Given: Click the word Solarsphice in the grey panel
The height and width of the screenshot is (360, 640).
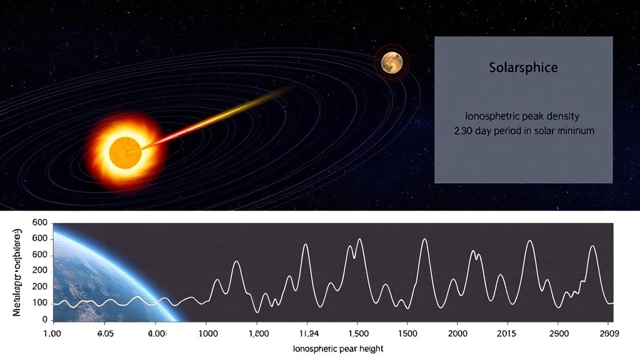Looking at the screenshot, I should click(523, 67).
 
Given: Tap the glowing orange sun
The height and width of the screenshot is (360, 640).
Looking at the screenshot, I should click(126, 151).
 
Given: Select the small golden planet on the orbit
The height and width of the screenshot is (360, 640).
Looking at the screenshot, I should click(392, 61).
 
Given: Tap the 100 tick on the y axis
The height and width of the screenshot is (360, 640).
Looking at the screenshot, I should click(41, 303).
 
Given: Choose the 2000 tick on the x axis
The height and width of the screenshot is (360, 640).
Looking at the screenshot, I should click(457, 334).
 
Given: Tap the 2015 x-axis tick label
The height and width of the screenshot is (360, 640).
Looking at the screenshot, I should click(509, 334).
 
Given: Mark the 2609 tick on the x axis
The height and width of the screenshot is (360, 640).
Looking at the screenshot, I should click(611, 334).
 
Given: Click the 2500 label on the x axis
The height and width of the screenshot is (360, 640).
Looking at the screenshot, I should click(559, 334).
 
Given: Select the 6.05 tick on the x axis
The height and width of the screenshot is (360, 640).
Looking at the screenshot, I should click(106, 334).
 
